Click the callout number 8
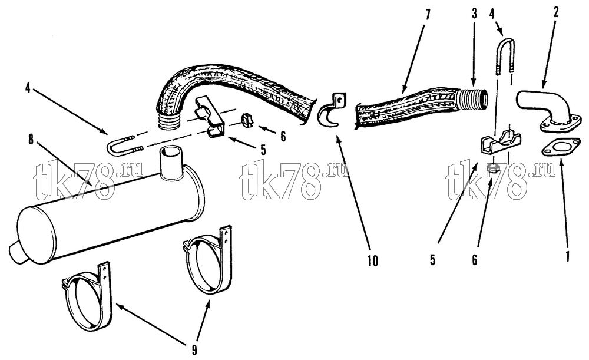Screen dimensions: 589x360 (x=31, y=140)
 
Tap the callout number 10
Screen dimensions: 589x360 (x=373, y=261)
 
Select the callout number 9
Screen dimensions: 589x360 (x=194, y=350)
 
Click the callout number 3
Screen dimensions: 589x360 (x=474, y=14)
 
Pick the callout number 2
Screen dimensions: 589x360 (x=556, y=12)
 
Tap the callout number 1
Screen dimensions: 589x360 (x=568, y=256)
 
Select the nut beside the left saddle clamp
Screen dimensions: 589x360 (x=247, y=119)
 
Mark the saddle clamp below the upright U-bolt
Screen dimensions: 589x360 (x=501, y=143)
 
